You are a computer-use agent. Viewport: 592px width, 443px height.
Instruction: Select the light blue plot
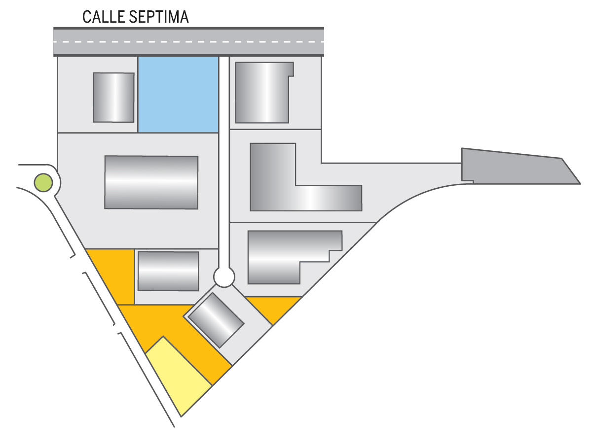[178, 94]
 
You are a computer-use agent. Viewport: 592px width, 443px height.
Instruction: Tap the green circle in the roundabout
[43, 183]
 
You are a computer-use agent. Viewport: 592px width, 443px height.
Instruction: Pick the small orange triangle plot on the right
[273, 307]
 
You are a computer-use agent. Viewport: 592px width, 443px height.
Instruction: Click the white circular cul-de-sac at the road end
[224, 277]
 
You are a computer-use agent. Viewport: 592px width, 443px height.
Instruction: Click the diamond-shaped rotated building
[216, 320]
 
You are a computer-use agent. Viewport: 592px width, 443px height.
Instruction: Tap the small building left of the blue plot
[113, 97]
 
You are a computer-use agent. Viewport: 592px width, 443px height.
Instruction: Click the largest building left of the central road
[151, 182]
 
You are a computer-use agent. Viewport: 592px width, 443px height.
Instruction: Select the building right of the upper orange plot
[168, 271]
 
